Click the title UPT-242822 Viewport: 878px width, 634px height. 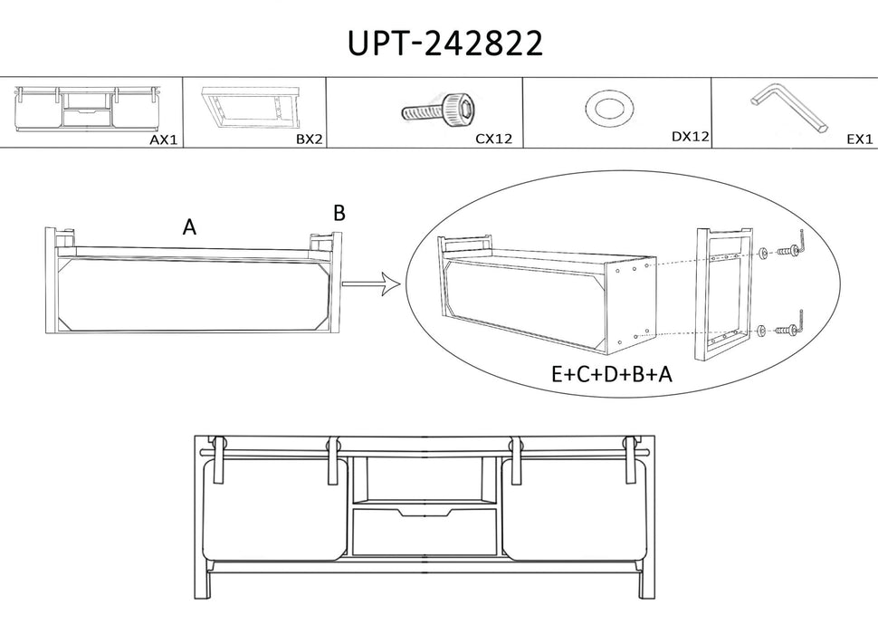pyautogui.click(x=445, y=43)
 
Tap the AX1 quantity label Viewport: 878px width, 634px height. pyautogui.click(x=164, y=140)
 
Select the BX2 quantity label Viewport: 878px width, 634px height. pyautogui.click(x=310, y=139)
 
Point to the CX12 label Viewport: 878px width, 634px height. pyautogui.click(x=494, y=139)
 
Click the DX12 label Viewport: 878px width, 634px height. pyautogui.click(x=691, y=136)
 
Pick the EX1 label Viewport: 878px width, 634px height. pyautogui.click(x=860, y=139)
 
